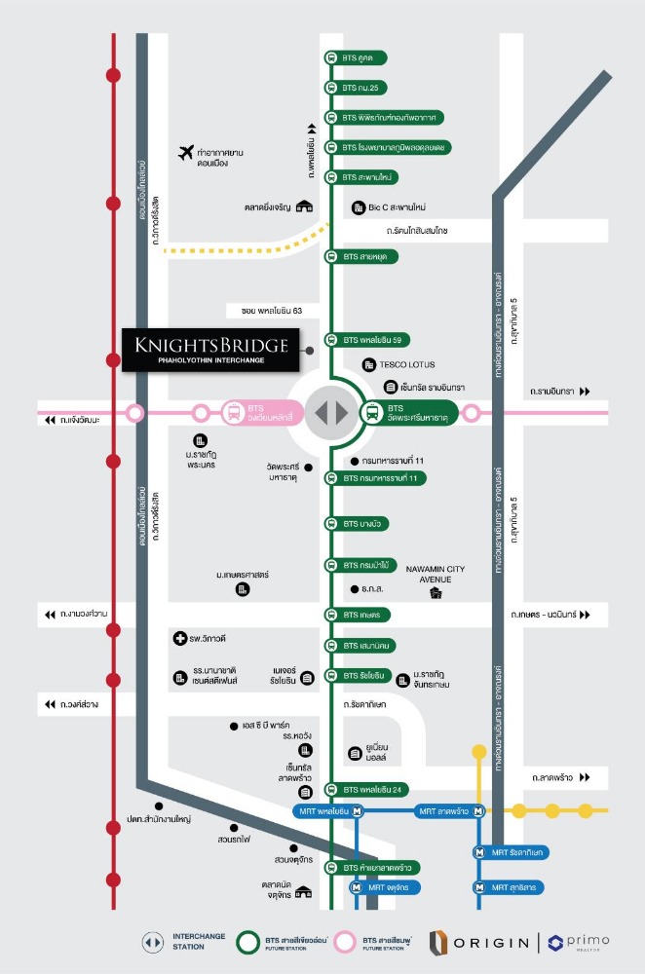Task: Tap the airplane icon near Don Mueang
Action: [186, 152]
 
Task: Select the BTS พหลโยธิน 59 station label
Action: [374, 341]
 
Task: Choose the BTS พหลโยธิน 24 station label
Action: [374, 789]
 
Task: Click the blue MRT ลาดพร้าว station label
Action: [449, 810]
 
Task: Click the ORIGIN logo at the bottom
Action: [481, 942]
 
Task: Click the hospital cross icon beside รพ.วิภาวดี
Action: [178, 639]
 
